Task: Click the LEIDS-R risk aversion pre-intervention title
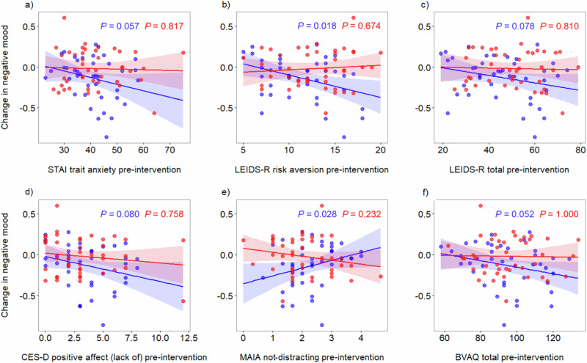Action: (x=311, y=170)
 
